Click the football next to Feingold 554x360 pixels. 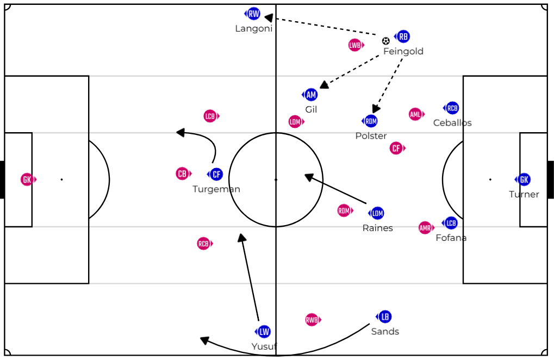pos(385,41)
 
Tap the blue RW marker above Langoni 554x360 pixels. pos(253,14)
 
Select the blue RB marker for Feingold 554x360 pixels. pos(403,36)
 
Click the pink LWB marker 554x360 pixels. pos(356,45)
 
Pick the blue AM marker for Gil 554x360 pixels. pos(311,95)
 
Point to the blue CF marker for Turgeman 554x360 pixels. pos(216,175)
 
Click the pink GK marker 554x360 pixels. pos(27,179)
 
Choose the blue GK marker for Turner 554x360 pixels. pos(524,179)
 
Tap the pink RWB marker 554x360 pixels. pos(312,320)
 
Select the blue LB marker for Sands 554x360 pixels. pos(384,316)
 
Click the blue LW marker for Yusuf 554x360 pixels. pos(264,331)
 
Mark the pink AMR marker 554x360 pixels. pos(425,228)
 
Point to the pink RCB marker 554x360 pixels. pos(203,244)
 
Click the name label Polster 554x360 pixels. pos(371,136)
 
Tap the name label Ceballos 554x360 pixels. pos(452,123)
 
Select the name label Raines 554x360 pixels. pos(377,228)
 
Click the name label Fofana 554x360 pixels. pos(451,238)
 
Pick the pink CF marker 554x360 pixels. pos(396,148)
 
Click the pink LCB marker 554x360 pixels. pos(210,116)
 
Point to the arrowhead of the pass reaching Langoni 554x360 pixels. pos(268,18)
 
